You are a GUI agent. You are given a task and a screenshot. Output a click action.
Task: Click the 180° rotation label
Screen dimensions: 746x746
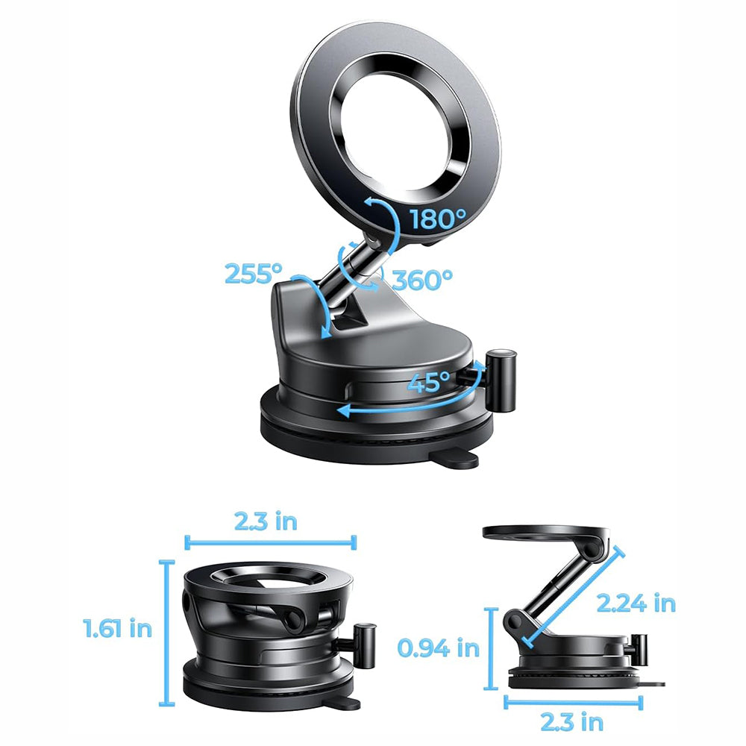tap(437, 219)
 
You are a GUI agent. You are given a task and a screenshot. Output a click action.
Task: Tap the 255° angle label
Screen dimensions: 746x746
tap(254, 274)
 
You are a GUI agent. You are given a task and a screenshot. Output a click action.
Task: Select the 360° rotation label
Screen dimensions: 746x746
tap(422, 280)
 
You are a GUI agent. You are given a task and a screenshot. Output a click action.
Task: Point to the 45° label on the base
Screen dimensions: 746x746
tap(429, 383)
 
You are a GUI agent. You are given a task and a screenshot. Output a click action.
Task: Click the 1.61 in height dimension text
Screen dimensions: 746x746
tap(117, 628)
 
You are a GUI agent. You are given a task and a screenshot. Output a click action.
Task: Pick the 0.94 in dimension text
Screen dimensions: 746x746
tap(438, 648)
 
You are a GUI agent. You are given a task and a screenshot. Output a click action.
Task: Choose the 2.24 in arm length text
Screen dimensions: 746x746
tap(636, 603)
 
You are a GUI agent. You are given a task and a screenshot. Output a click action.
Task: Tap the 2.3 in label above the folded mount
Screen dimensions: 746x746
tap(265, 521)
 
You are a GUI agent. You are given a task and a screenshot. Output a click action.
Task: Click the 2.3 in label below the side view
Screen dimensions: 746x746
tap(572, 721)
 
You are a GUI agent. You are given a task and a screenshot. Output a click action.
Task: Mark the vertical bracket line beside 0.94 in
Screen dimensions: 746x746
tap(491, 648)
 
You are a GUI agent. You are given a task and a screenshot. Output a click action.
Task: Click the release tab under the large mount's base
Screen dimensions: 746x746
tap(456, 457)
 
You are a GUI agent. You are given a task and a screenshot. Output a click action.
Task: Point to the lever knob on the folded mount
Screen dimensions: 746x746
tap(366, 643)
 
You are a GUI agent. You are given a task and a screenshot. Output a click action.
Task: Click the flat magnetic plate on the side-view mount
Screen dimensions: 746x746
tap(545, 531)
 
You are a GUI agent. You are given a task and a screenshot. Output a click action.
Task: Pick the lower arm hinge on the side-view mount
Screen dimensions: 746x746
tap(515, 620)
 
